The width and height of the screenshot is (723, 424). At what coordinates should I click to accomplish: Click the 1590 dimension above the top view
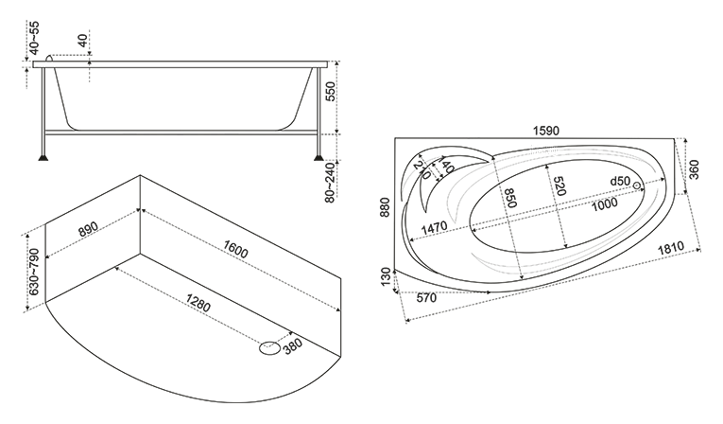[x=546, y=131]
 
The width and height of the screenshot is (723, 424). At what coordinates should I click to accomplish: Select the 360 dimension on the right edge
[x=694, y=169]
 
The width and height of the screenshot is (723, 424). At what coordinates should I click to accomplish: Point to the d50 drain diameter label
[x=620, y=181]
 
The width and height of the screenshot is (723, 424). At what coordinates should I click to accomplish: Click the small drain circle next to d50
[x=637, y=185]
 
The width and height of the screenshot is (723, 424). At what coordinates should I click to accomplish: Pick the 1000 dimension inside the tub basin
[x=604, y=203]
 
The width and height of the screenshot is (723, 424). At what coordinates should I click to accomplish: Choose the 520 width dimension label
[x=559, y=185]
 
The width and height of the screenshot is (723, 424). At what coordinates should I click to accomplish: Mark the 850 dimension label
[x=509, y=198]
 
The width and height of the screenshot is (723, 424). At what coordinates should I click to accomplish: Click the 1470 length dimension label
[x=434, y=227]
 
